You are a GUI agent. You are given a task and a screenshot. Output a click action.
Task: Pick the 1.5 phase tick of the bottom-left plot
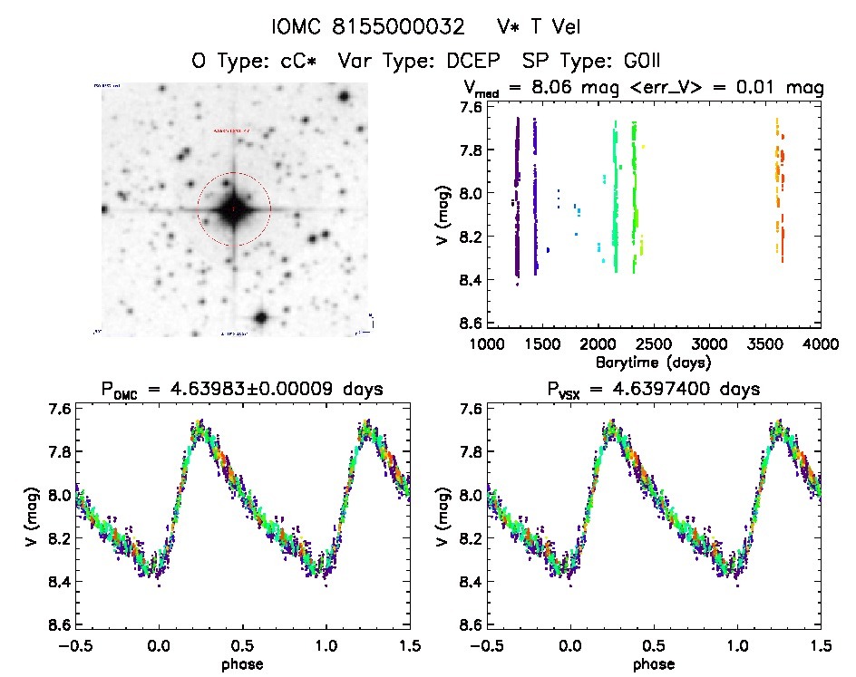[x=409, y=645]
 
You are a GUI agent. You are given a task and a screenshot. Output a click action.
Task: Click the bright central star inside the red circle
[x=233, y=209]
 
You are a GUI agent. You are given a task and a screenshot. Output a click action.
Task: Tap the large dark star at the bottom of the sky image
[x=261, y=318]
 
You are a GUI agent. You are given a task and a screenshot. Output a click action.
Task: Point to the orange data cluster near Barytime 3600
[x=779, y=181]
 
